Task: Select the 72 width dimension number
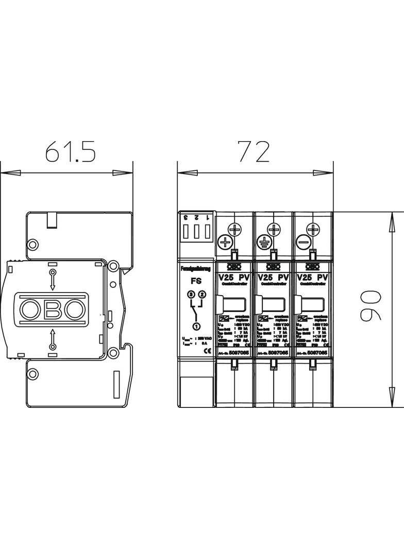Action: click(x=253, y=151)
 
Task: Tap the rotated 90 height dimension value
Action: click(x=370, y=305)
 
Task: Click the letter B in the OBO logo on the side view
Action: click(x=52, y=309)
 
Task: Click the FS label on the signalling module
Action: click(x=196, y=282)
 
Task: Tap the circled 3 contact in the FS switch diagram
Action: click(x=191, y=294)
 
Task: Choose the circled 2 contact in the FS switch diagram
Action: click(x=201, y=294)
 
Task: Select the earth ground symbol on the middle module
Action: click(x=264, y=241)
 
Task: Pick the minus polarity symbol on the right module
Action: click(x=303, y=241)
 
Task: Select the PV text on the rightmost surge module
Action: click(x=324, y=277)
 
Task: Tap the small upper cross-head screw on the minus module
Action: click(x=312, y=228)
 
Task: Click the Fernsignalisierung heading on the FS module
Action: click(x=196, y=269)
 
